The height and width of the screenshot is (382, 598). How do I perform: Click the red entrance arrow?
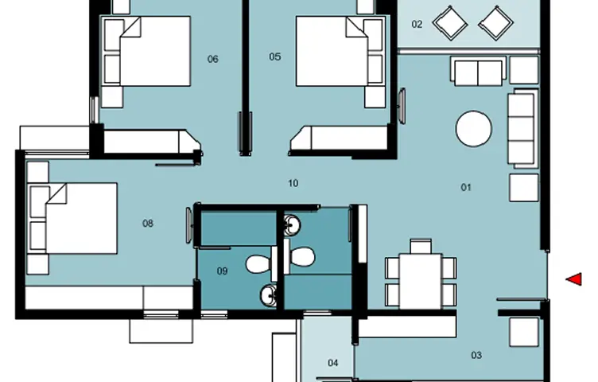(x=575, y=279)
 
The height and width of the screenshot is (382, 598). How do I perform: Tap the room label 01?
(x=466, y=187)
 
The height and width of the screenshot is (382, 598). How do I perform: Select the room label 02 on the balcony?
(x=417, y=25)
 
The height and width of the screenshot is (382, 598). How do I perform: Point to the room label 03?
(x=476, y=355)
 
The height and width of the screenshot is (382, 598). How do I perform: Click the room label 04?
(x=333, y=363)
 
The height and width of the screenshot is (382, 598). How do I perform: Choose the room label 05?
(x=275, y=57)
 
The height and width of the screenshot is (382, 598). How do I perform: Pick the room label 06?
(x=213, y=59)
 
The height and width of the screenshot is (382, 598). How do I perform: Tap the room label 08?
(x=148, y=224)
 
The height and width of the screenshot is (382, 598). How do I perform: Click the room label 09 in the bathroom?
(x=223, y=271)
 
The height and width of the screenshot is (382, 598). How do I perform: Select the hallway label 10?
(x=293, y=184)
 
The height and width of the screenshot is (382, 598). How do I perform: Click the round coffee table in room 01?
(x=474, y=129)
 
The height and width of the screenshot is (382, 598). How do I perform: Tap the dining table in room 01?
(x=421, y=281)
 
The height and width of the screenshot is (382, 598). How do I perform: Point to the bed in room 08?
(x=73, y=218)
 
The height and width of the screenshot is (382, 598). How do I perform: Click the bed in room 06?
(x=147, y=51)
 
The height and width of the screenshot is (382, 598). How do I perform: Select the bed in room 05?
(x=340, y=51)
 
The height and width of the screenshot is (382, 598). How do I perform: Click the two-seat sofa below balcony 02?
(x=478, y=72)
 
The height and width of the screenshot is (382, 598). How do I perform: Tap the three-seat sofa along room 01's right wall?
(x=523, y=128)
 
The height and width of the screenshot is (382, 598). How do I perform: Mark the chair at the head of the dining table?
(x=421, y=246)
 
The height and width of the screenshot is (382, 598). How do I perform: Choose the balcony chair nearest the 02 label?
(x=450, y=23)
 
